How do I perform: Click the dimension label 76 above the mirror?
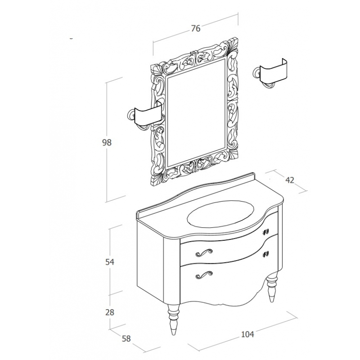click(196, 28)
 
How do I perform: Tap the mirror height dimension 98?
click(107, 143)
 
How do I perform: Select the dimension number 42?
click(290, 180)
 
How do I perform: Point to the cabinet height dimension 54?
click(110, 262)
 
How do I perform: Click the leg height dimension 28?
click(110, 312)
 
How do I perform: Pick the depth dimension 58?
click(126, 339)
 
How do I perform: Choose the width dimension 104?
click(248, 334)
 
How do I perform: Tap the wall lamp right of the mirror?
click(270, 73)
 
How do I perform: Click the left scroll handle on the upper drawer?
click(204, 252)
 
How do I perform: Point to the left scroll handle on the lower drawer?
click(204, 275)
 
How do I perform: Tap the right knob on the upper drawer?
click(266, 232)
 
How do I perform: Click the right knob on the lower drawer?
click(266, 254)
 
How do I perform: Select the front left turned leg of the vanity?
click(173, 319)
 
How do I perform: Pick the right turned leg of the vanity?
click(272, 287)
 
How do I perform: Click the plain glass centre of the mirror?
click(196, 112)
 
